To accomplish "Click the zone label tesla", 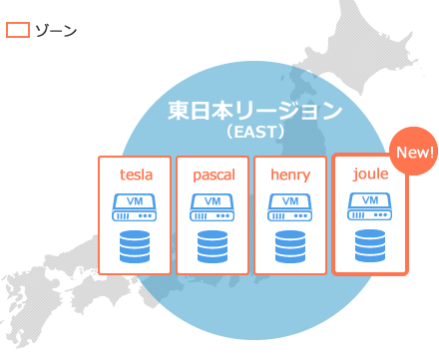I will pyautogui.click(x=136, y=175).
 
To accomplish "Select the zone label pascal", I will pyautogui.click(x=213, y=175).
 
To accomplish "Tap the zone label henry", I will pyautogui.click(x=290, y=175).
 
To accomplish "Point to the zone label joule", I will pyautogui.click(x=370, y=174).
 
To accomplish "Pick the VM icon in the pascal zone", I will pyautogui.click(x=213, y=207).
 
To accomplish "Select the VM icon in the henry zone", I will pyautogui.click(x=290, y=207).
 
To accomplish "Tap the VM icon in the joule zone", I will pyautogui.click(x=370, y=206).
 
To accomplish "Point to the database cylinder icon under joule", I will pyautogui.click(x=370, y=245).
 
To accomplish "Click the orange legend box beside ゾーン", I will pyautogui.click(x=17, y=30).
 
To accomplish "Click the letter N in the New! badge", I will pyautogui.click(x=402, y=153).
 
